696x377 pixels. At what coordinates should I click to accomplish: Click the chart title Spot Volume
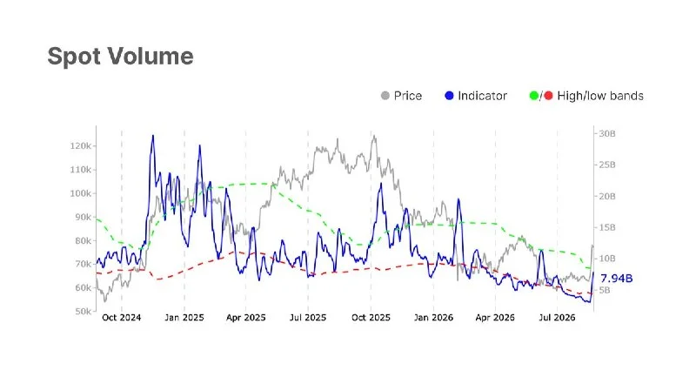pyautogui.click(x=120, y=57)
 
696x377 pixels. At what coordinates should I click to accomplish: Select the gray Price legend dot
pyautogui.click(x=385, y=96)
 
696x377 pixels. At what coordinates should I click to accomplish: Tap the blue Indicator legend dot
pyautogui.click(x=449, y=96)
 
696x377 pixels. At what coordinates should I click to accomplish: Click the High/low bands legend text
pyautogui.click(x=600, y=96)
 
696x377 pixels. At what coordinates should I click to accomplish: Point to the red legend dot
pyautogui.click(x=548, y=96)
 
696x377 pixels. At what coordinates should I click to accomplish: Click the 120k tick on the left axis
pyautogui.click(x=80, y=146)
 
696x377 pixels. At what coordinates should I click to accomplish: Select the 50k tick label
pyautogui.click(x=83, y=312)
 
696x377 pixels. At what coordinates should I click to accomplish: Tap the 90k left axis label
pyautogui.click(x=83, y=217)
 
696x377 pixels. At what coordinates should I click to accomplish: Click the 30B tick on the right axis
pyautogui.click(x=607, y=134)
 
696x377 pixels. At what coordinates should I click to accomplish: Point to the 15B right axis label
pyautogui.click(x=607, y=227)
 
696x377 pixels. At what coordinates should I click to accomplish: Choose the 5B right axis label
pyautogui.click(x=605, y=291)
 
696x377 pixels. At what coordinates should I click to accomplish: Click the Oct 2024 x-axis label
pyautogui.click(x=121, y=318)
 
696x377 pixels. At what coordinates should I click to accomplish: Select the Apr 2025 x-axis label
pyautogui.click(x=246, y=318)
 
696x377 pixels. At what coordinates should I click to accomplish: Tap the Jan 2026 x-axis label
pyautogui.click(x=433, y=318)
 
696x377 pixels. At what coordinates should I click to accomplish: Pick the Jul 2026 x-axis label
pyautogui.click(x=557, y=318)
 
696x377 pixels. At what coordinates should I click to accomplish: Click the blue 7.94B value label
pyautogui.click(x=617, y=279)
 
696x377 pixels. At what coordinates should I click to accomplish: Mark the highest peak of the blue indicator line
pyautogui.click(x=153, y=136)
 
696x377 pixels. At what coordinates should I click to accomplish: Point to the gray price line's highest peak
pyautogui.click(x=374, y=136)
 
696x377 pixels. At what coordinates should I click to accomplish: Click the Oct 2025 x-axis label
pyautogui.click(x=371, y=318)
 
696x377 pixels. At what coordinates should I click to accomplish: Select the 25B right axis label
pyautogui.click(x=607, y=165)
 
